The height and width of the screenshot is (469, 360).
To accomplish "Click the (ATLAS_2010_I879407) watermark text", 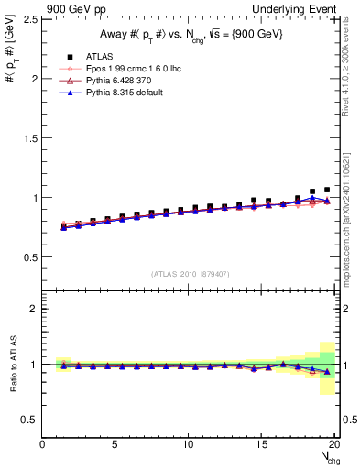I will [191, 274].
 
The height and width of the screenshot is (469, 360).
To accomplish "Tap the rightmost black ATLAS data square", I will [327, 190].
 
